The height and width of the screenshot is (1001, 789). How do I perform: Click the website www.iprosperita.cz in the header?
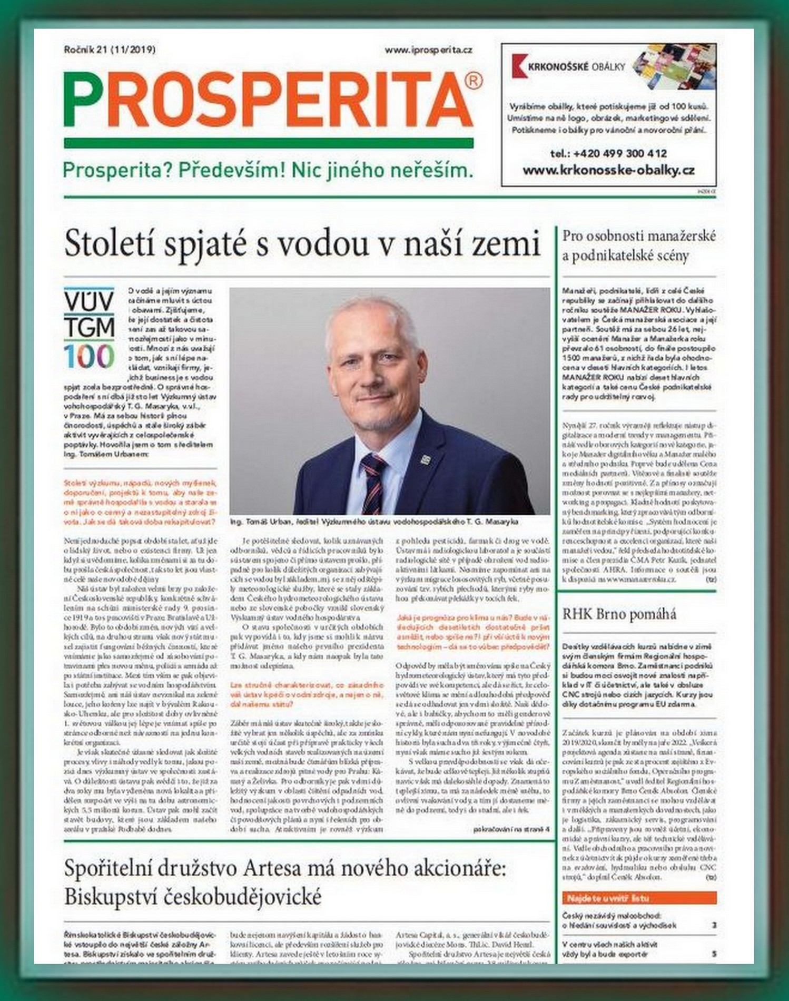coord(428,50)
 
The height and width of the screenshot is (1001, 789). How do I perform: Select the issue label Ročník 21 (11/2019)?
coord(110,50)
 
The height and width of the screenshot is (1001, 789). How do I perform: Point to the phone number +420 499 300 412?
coord(608,153)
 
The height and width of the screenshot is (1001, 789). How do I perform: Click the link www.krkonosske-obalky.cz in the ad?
coord(608,170)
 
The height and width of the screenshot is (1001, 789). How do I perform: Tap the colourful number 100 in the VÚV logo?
coord(89,357)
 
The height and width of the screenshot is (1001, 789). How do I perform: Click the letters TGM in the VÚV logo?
coord(89,328)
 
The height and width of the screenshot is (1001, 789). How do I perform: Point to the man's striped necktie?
coord(373,482)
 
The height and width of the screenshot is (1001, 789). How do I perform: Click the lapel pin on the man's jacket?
coord(425,459)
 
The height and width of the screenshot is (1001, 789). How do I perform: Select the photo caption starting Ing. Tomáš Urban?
coord(374,522)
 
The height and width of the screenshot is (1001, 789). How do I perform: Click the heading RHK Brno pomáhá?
coord(619,614)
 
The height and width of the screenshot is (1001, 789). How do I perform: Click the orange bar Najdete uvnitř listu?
coord(639,898)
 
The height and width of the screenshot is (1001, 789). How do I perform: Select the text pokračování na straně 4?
coord(511,829)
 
